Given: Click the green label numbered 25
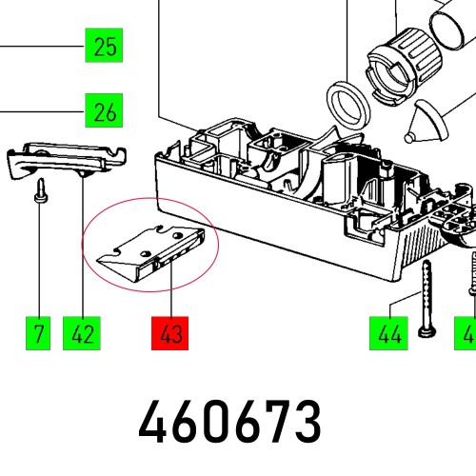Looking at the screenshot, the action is (x=104, y=46).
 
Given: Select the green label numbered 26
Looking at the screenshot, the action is (x=104, y=110).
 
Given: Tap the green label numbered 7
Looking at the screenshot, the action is (x=38, y=333).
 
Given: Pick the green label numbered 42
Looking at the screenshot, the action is (x=82, y=333).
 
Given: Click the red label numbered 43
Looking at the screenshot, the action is (x=170, y=333).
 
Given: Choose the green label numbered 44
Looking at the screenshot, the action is (x=388, y=333).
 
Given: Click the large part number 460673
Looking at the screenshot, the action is (x=230, y=422).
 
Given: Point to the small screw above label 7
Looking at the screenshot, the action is (x=41, y=190).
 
